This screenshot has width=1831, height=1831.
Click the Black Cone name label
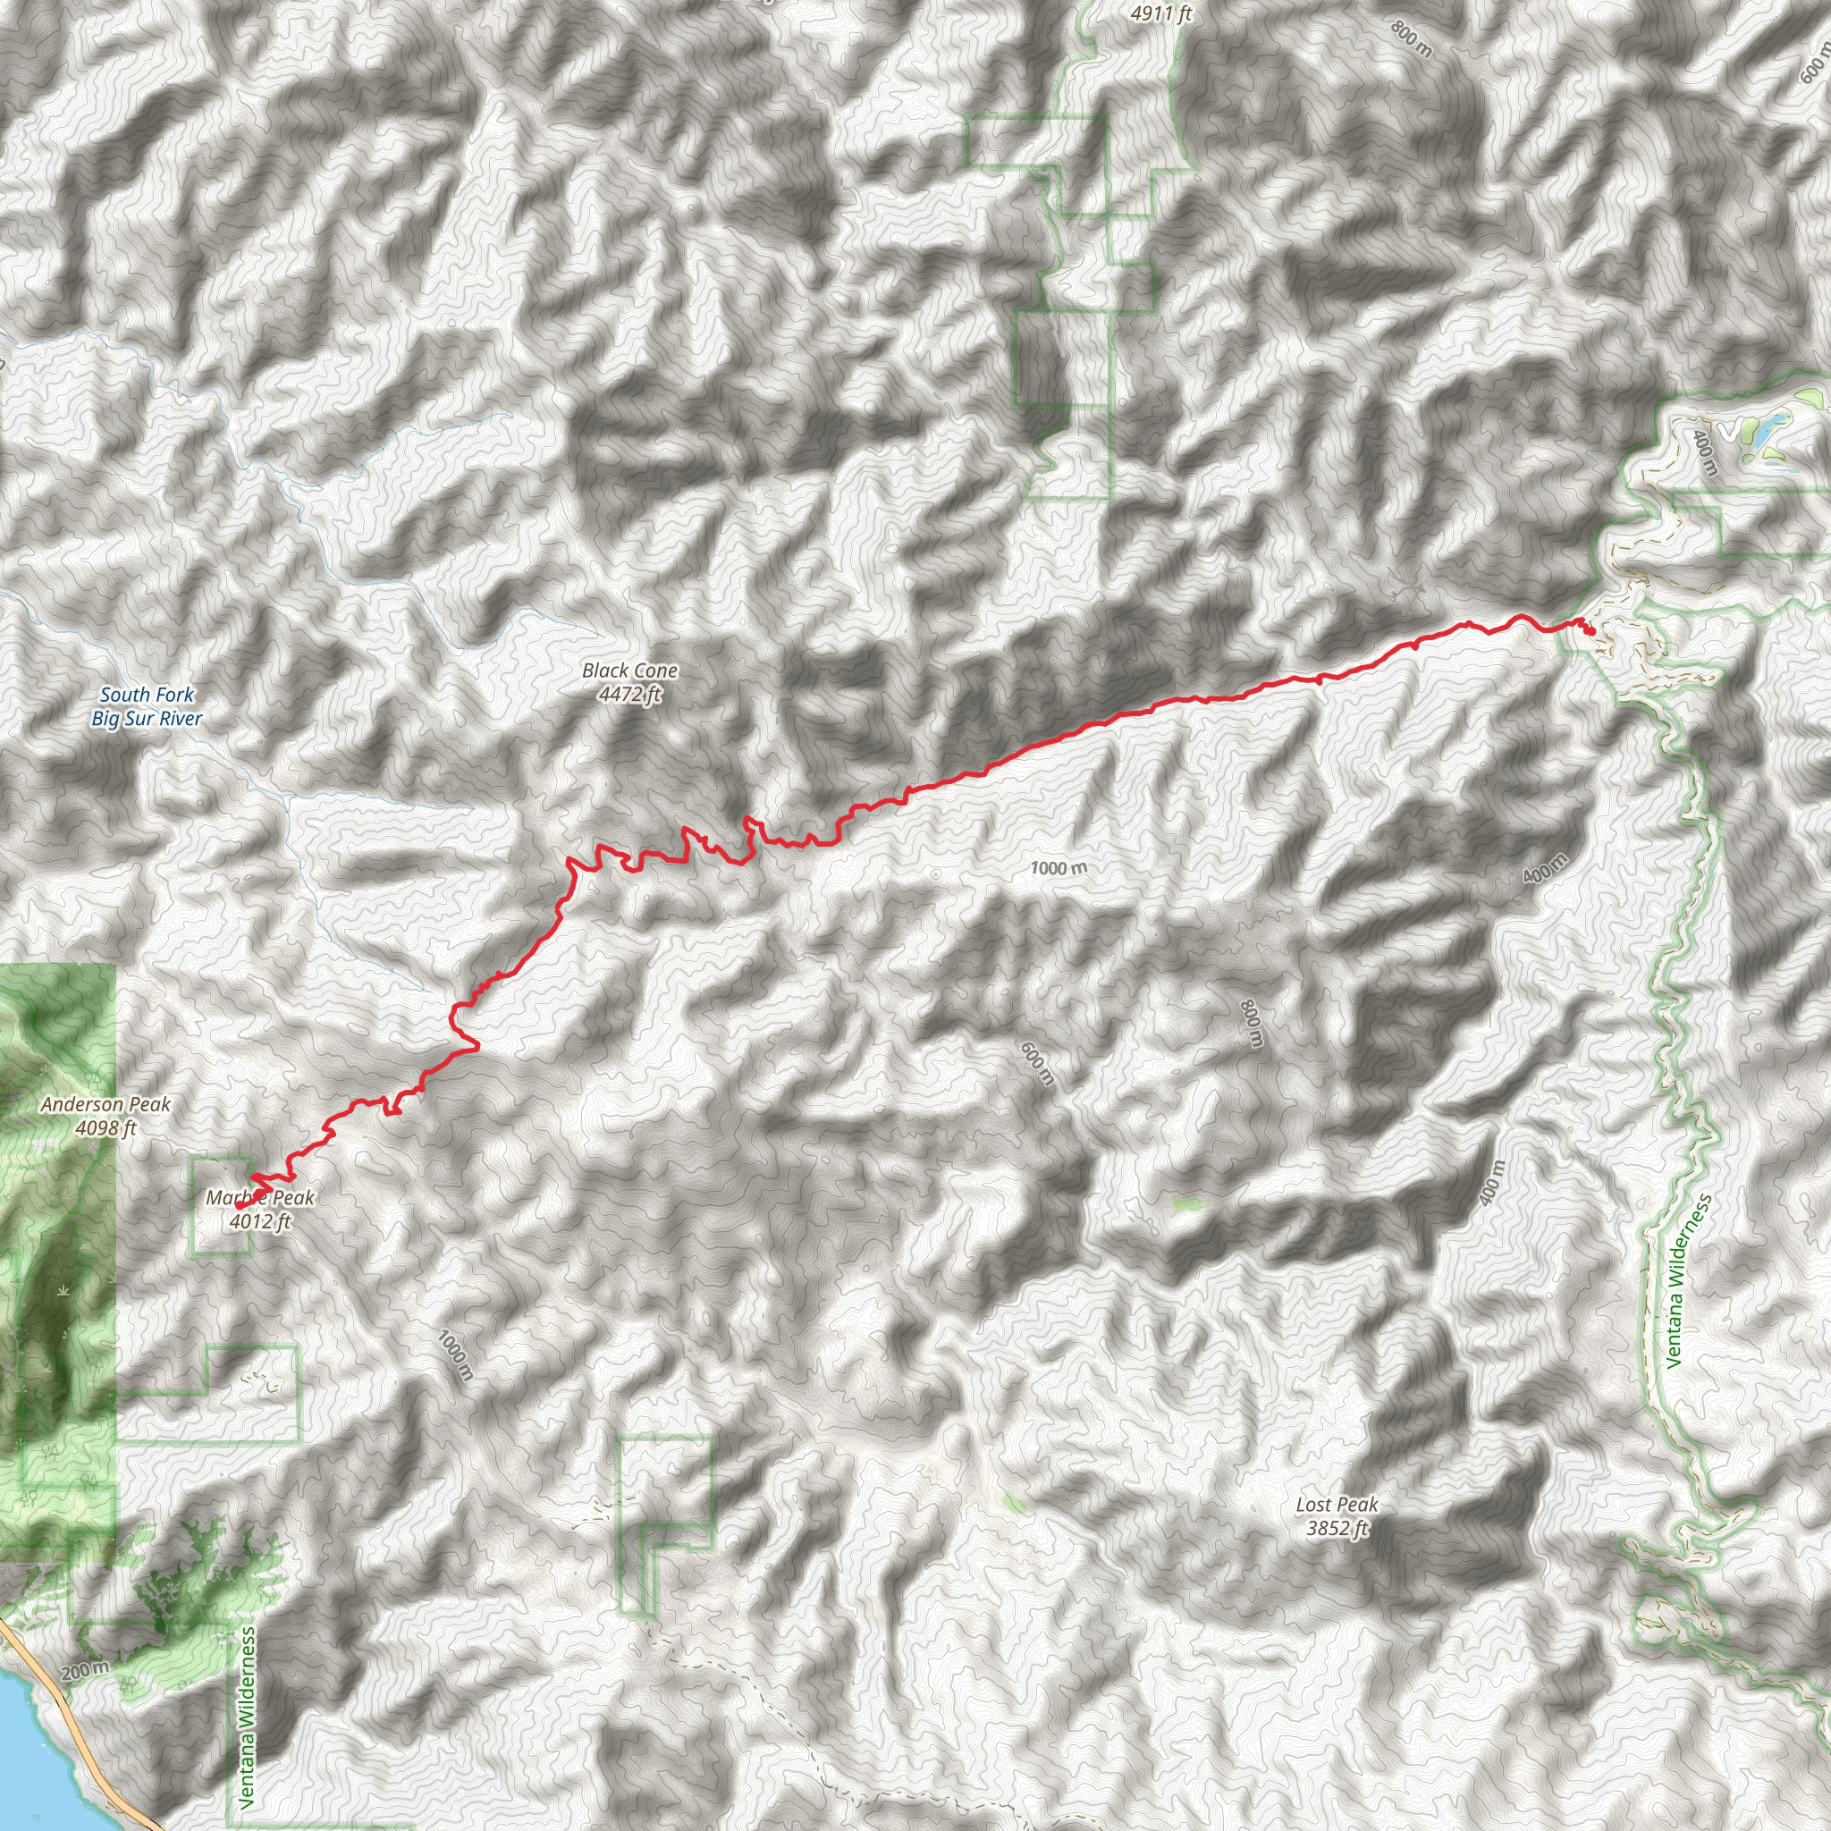click(x=629, y=670)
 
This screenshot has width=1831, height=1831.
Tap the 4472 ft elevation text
click(x=629, y=695)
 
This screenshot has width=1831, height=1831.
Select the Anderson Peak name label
click(x=105, y=1104)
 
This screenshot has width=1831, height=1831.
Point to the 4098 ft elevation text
click(x=105, y=1127)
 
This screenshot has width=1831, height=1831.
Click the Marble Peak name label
click(x=259, y=1198)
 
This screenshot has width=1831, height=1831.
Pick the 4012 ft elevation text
click(x=259, y=1221)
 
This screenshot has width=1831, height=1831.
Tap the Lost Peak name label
click(x=1337, y=1504)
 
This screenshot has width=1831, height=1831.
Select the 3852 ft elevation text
click(x=1337, y=1528)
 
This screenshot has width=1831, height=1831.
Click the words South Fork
click(x=147, y=695)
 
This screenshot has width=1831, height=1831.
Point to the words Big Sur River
click(x=147, y=719)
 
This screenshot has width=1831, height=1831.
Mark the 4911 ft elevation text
click(x=1161, y=13)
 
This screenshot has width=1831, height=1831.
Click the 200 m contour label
click(x=85, y=1671)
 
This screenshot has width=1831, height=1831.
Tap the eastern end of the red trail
click(x=1591, y=631)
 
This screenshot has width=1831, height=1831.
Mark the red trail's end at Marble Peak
click(x=254, y=1177)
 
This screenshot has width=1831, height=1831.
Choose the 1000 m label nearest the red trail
click(x=1059, y=867)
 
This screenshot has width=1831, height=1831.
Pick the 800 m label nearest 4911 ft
click(x=1412, y=38)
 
